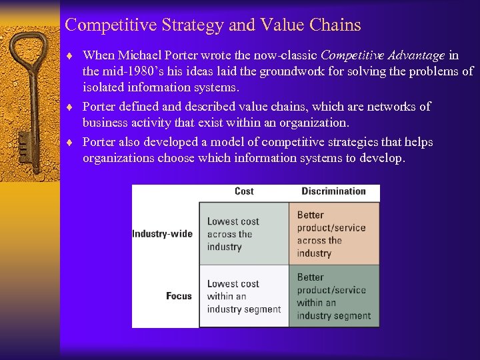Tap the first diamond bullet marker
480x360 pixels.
pyautogui.click(x=70, y=55)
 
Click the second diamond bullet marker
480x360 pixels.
pyautogui.click(x=70, y=107)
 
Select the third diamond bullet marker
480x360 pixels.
pyautogui.click(x=70, y=142)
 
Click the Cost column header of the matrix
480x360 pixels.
pyautogui.click(x=244, y=191)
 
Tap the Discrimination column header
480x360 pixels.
pyautogui.click(x=333, y=191)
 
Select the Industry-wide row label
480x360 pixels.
pyautogui.click(x=162, y=234)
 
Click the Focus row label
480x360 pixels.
pyautogui.click(x=179, y=296)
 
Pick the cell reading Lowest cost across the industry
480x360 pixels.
pyautogui.click(x=243, y=234)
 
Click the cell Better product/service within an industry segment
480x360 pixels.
pyautogui.click(x=333, y=296)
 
